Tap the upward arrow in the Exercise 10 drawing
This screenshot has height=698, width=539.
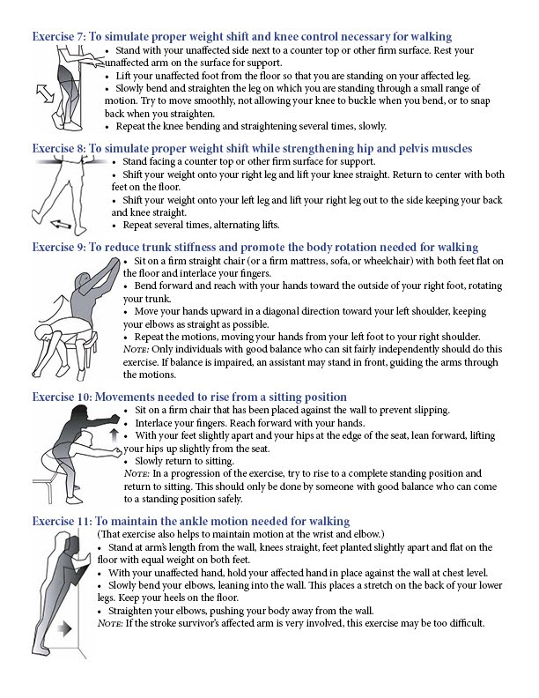113,434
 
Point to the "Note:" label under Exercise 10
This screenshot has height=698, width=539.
141,473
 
